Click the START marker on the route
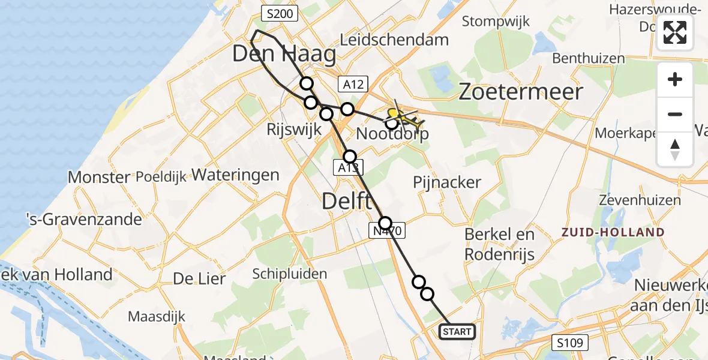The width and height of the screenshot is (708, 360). [458, 332]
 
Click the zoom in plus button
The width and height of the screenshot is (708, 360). [675, 80]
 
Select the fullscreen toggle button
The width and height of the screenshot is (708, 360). [675, 32]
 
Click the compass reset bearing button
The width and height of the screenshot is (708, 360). [675, 148]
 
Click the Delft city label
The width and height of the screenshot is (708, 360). [347, 201]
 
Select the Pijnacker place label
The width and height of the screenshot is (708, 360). [448, 182]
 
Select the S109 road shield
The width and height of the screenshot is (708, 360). [570, 343]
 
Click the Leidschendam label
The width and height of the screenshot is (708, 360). [394, 40]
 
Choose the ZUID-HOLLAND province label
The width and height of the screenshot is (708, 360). [613, 232]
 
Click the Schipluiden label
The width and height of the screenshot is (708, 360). [290, 274]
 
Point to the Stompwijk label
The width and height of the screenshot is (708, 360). [496, 22]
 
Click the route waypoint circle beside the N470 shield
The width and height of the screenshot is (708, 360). [385, 223]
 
